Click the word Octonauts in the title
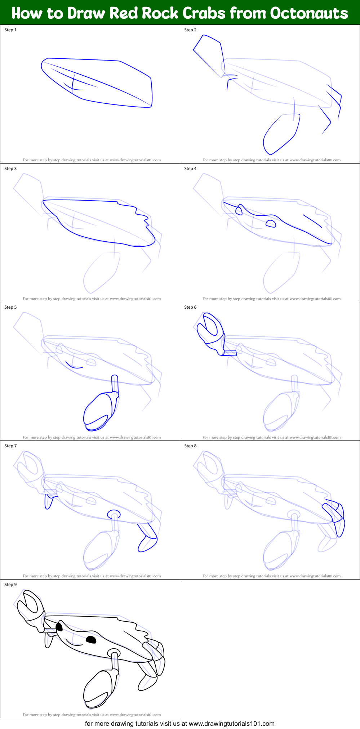coord(309,13)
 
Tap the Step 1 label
coord(10,30)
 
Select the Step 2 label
coord(190,30)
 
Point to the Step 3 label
coord(10,169)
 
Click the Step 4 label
coord(190,169)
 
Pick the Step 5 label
coord(10,307)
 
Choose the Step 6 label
coord(190,307)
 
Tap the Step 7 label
coord(10,446)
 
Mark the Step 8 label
coord(190,446)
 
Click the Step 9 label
coord(10,585)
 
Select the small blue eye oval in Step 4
coord(271,224)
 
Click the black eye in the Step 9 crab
coord(91,640)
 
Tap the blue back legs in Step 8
coord(335,517)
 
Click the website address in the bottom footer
coord(231,723)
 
